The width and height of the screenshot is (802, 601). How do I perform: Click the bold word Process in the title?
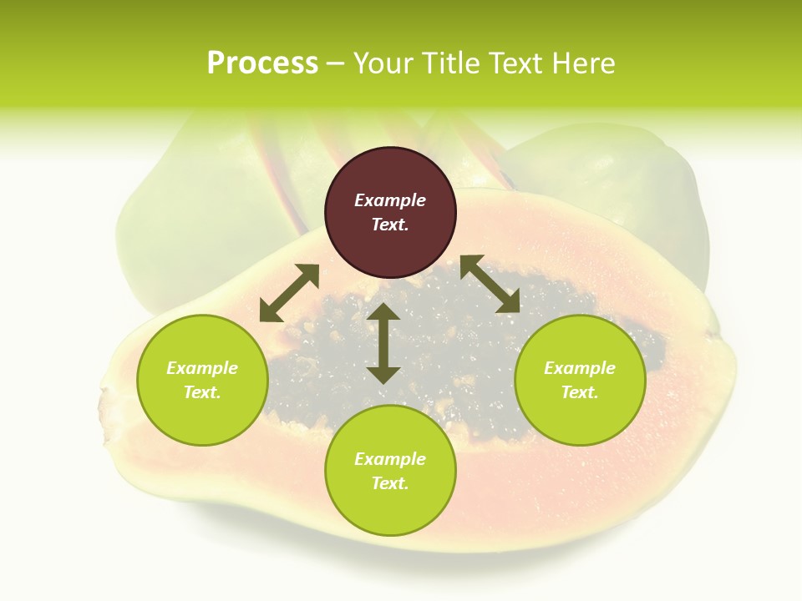click(x=262, y=63)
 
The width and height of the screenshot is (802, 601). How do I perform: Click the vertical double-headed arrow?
click(x=383, y=343)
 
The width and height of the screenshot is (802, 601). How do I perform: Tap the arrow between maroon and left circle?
click(x=289, y=293)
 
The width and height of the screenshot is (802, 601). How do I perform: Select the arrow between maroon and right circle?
click(x=490, y=284)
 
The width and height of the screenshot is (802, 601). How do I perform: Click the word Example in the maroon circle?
click(x=390, y=200)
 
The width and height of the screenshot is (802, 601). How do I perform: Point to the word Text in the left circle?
click(x=202, y=392)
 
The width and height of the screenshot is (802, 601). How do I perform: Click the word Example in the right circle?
click(x=580, y=368)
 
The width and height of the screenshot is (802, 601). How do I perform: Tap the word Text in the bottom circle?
click(x=390, y=483)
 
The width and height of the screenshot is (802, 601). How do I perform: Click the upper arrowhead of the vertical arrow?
click(x=383, y=314)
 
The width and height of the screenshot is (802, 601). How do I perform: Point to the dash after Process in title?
click(x=335, y=63)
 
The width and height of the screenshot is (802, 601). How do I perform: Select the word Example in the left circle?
click(x=202, y=368)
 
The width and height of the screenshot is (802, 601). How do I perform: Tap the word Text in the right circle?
click(x=580, y=392)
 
